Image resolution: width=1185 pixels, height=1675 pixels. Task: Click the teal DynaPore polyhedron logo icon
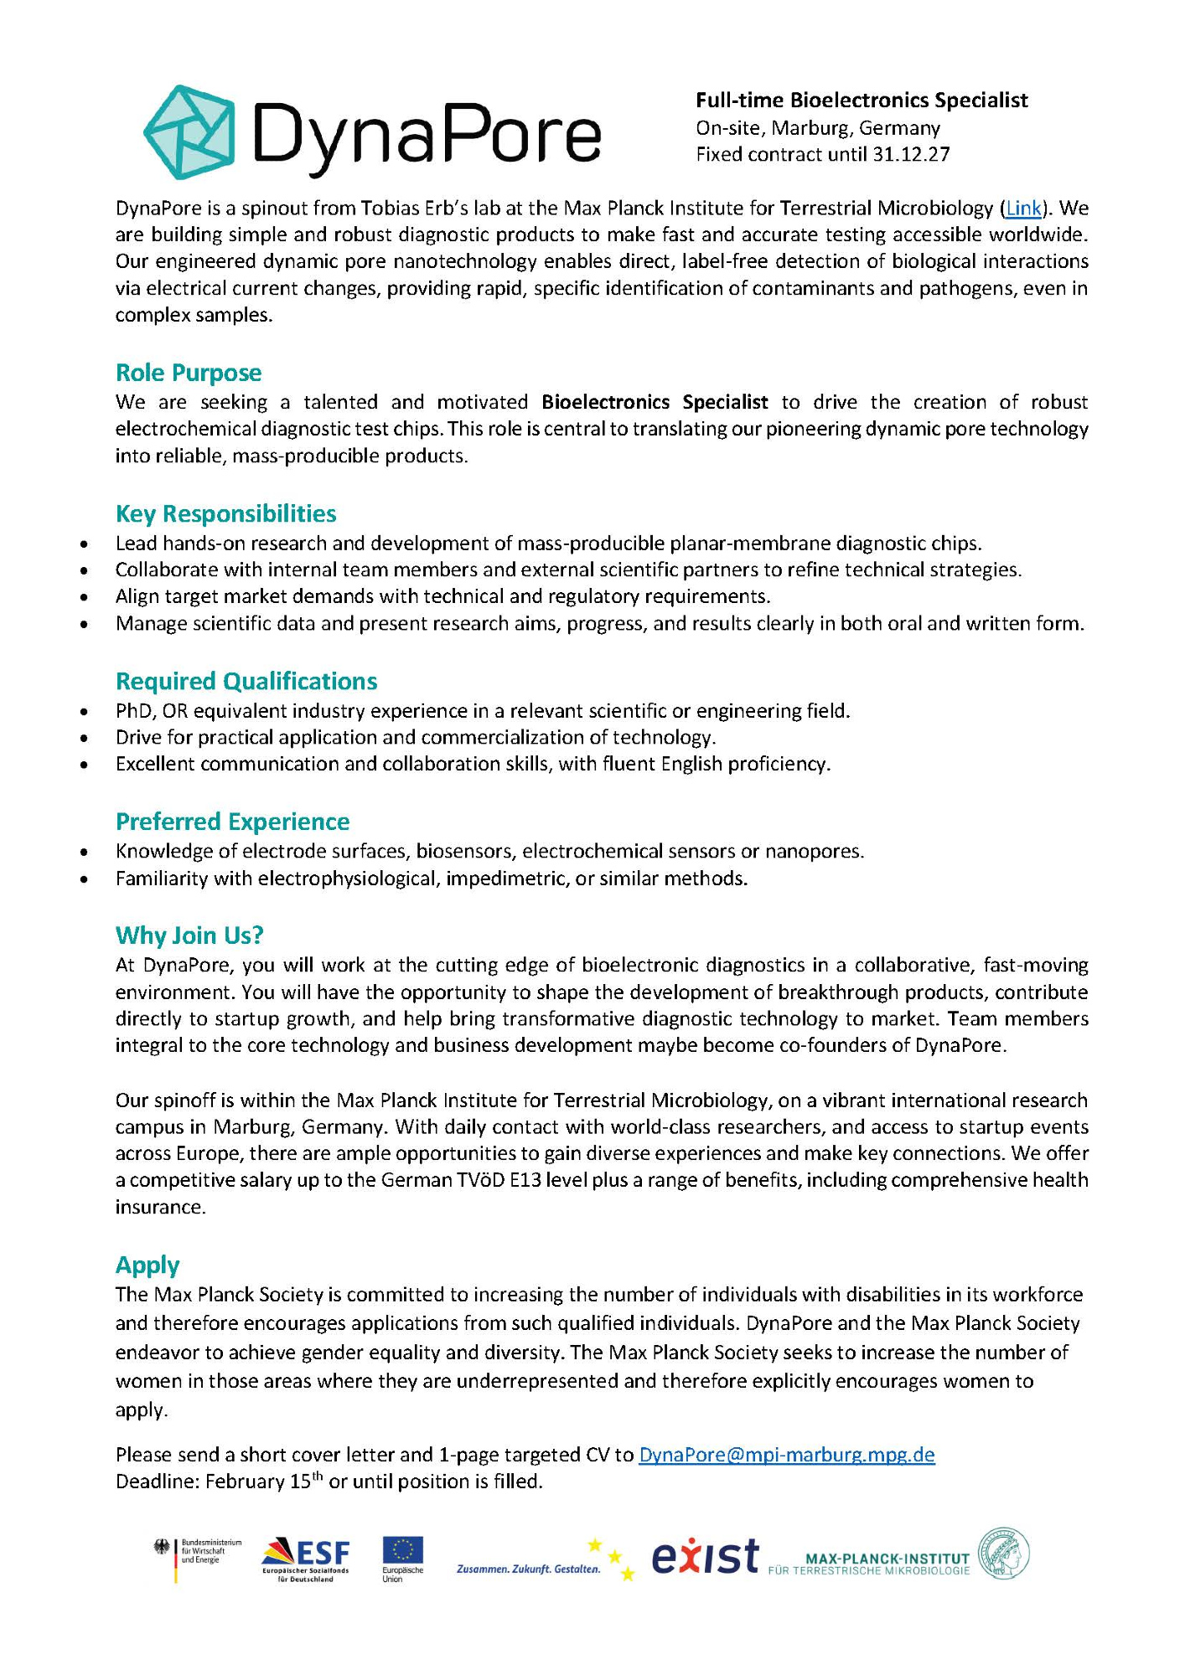click(189, 131)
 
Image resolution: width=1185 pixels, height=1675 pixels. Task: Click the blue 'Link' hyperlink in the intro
click(1022, 208)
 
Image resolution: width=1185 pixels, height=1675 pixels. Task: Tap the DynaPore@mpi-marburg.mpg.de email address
click(786, 1455)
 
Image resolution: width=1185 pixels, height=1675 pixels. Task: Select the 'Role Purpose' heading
click(189, 373)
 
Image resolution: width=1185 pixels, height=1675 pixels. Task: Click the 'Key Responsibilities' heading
click(225, 513)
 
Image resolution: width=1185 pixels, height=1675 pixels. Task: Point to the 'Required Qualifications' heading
click(246, 681)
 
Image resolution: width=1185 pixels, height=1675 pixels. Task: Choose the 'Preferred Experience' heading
click(232, 822)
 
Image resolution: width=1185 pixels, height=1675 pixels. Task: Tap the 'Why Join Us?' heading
click(189, 935)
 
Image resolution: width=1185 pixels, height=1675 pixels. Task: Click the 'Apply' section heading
click(147, 1265)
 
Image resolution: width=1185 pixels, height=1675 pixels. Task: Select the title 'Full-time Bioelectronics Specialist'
click(862, 100)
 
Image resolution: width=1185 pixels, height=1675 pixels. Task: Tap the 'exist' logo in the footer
click(705, 1557)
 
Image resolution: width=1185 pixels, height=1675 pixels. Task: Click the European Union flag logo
click(403, 1553)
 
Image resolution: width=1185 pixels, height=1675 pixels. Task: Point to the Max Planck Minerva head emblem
click(1004, 1554)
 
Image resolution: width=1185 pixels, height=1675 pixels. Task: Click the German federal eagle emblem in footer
click(162, 1548)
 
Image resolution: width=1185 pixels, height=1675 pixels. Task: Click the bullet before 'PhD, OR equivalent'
click(83, 712)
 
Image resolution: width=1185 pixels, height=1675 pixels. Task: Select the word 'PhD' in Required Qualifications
click(132, 711)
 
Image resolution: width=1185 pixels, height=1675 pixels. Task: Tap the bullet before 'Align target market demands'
click(83, 597)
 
